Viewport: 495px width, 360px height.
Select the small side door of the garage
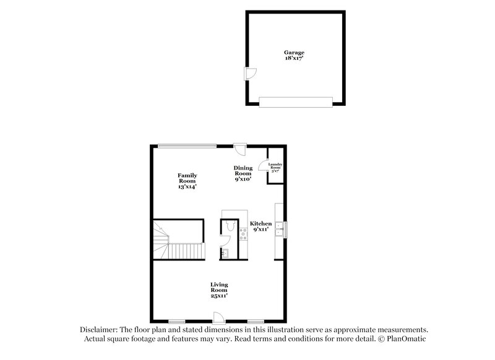tap(251, 72)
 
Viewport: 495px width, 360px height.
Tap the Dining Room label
tap(243, 170)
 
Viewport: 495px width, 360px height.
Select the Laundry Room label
tap(275, 166)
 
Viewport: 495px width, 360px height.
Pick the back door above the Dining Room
tap(241, 149)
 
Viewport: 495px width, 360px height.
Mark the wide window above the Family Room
tap(187, 146)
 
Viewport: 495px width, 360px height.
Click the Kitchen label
tap(260, 223)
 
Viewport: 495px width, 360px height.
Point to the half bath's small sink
tap(226, 252)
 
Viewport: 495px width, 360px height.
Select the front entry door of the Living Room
tap(218, 317)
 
